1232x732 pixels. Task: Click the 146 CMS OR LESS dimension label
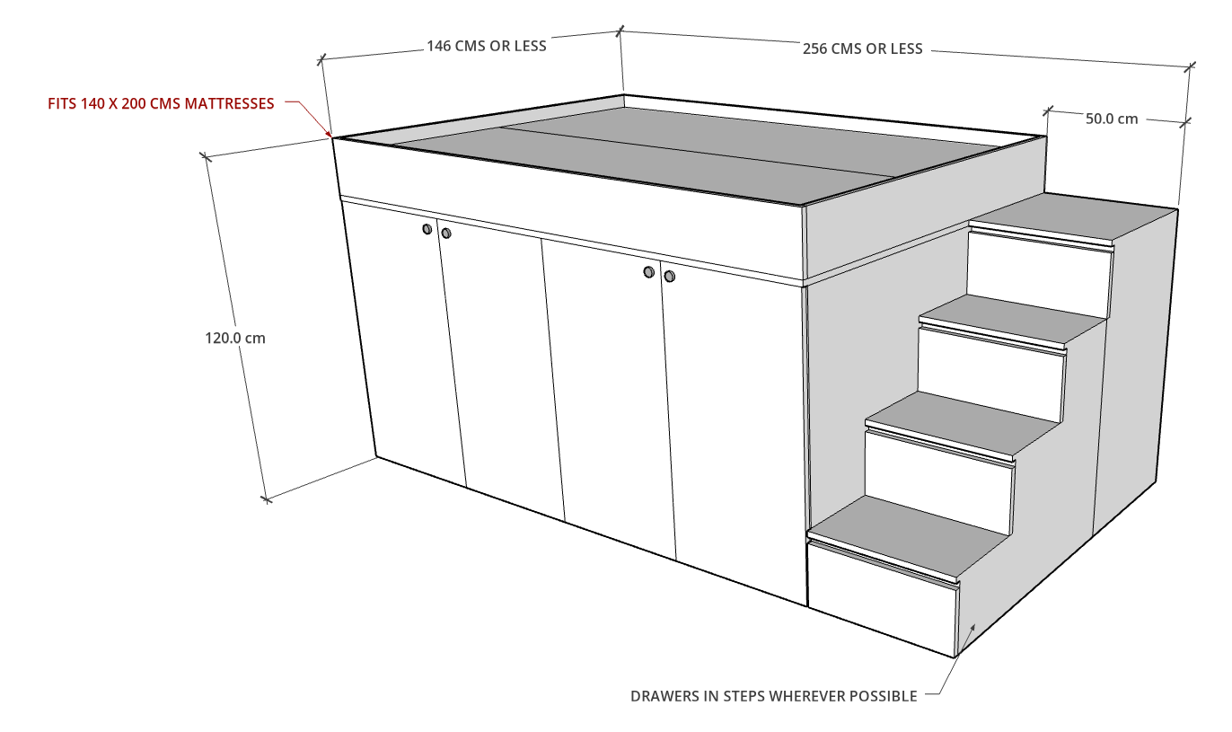[x=487, y=46]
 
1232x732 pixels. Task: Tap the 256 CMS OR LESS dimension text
[x=862, y=49]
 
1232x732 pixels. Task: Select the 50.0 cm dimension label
[x=1112, y=119]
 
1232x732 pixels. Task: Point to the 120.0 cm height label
[x=235, y=339]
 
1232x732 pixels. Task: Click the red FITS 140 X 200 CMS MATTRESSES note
[x=161, y=103]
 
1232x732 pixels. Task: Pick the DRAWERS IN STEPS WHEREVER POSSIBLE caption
[x=773, y=696]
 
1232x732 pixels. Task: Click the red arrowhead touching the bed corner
[x=329, y=133]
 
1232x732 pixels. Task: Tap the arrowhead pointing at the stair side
[x=972, y=628]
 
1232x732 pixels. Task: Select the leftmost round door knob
[x=427, y=229]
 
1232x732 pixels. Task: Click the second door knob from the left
[x=446, y=234]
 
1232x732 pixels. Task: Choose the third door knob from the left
[x=649, y=271]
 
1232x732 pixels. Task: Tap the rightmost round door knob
[x=669, y=276]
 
